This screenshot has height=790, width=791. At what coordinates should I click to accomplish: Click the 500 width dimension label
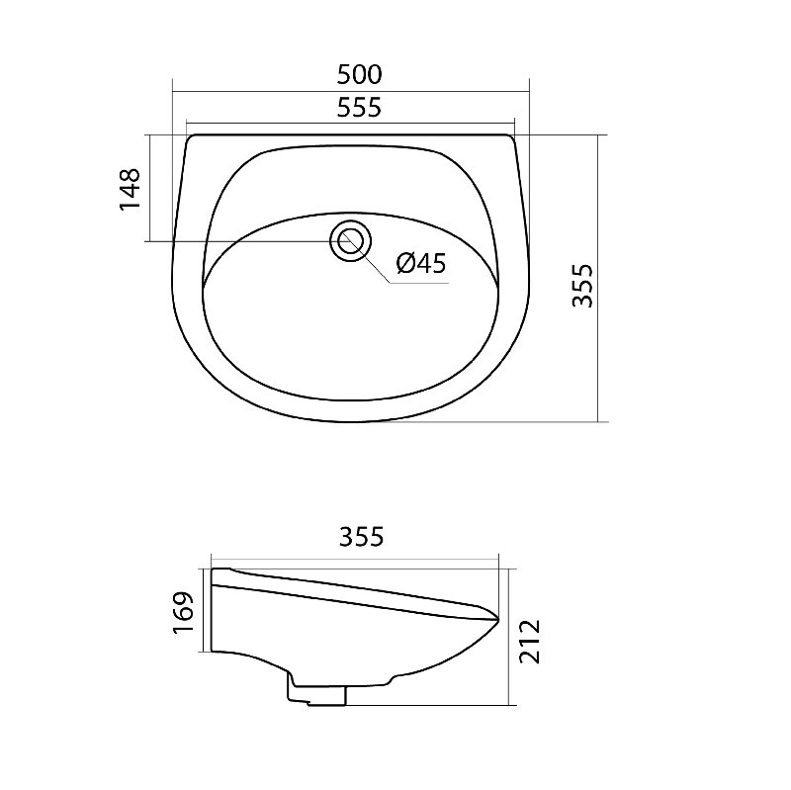(359, 75)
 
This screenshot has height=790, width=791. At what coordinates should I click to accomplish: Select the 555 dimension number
(359, 108)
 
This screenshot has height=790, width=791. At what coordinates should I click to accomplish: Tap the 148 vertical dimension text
(130, 189)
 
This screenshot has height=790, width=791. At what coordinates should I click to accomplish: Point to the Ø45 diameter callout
(421, 263)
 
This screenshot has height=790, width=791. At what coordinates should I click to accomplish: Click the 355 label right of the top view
(583, 286)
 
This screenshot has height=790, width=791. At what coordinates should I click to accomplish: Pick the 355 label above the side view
(361, 536)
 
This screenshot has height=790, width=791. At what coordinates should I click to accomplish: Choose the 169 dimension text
(183, 612)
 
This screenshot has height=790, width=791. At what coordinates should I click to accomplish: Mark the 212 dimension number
(530, 642)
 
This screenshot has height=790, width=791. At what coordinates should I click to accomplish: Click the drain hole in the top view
(351, 241)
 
